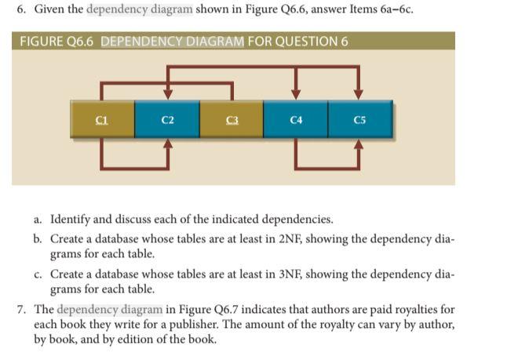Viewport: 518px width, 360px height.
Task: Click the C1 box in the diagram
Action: point(101,120)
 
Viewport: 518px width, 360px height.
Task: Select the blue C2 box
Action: point(166,120)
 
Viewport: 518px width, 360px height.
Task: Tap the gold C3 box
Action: point(231,120)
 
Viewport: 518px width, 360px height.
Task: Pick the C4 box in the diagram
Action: point(296,120)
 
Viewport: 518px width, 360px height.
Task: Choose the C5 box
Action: point(359,120)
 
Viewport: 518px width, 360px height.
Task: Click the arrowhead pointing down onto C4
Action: point(296,93)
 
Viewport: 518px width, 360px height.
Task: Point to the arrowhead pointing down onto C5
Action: point(359,93)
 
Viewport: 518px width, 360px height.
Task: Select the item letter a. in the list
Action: point(39,219)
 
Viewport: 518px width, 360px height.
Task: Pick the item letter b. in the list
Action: point(39,238)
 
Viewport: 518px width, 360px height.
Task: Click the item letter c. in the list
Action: point(39,274)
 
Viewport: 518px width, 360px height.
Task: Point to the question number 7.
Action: point(23,309)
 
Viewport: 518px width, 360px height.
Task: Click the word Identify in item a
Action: point(70,219)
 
